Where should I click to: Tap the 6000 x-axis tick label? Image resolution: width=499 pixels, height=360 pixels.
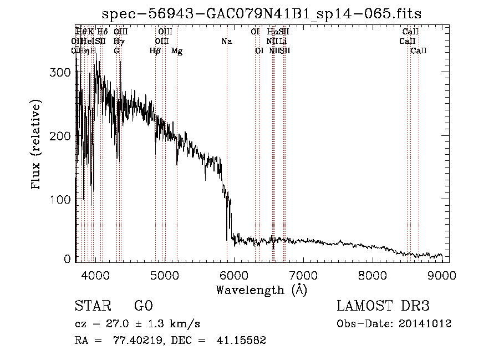tap(233, 275)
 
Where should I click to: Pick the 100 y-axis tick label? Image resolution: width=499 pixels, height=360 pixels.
tap(61, 199)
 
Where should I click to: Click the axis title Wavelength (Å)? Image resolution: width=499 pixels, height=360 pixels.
tap(261, 290)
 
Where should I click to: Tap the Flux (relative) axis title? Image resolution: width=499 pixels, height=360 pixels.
tap(37, 145)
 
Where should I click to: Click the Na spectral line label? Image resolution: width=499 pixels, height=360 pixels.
tap(226, 41)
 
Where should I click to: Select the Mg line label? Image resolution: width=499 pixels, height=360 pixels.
tap(177, 50)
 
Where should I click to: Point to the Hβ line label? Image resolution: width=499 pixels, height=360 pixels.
tap(155, 50)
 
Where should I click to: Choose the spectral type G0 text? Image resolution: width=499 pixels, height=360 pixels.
tap(143, 306)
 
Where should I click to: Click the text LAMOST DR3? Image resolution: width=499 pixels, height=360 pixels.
tap(383, 306)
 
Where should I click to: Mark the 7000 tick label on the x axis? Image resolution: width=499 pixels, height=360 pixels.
tap(303, 275)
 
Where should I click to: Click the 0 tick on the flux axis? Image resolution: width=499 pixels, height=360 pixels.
tap(67, 259)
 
